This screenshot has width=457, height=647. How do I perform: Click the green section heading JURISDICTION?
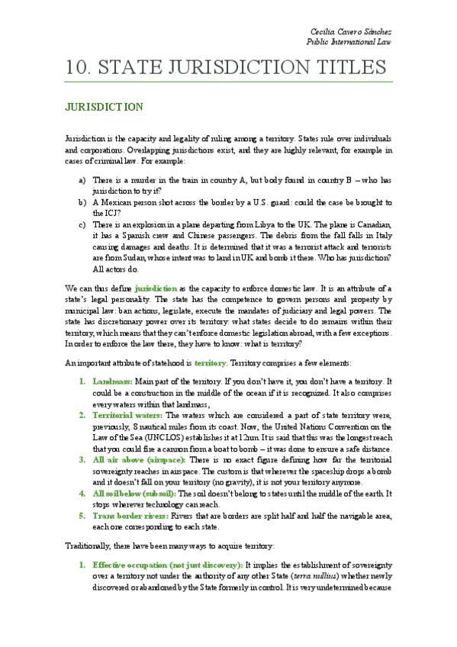(x=103, y=107)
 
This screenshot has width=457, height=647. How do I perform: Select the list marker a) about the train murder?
(x=82, y=180)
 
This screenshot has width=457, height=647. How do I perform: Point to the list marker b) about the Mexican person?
(x=82, y=202)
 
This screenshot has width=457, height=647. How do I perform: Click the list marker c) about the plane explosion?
(x=82, y=224)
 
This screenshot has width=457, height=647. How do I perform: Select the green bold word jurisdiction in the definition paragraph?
(x=156, y=289)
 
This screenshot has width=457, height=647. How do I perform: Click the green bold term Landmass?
(x=112, y=380)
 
